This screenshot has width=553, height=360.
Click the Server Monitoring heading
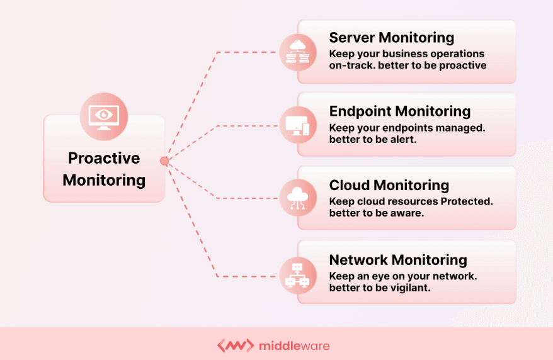tap(391, 38)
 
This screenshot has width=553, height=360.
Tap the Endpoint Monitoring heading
tap(399, 111)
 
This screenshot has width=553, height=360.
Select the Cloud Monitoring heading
tap(389, 185)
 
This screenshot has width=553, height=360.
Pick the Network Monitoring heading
tap(397, 259)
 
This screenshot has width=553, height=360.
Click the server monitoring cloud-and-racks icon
tap(298, 52)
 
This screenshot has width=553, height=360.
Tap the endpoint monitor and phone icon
tap(298, 125)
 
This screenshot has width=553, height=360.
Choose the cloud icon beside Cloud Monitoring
tap(298, 198)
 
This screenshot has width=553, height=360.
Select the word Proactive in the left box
tap(104, 158)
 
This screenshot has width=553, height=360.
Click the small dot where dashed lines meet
tap(164, 161)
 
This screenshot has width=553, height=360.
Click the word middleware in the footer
tap(294, 346)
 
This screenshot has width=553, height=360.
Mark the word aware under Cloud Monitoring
tap(406, 213)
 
